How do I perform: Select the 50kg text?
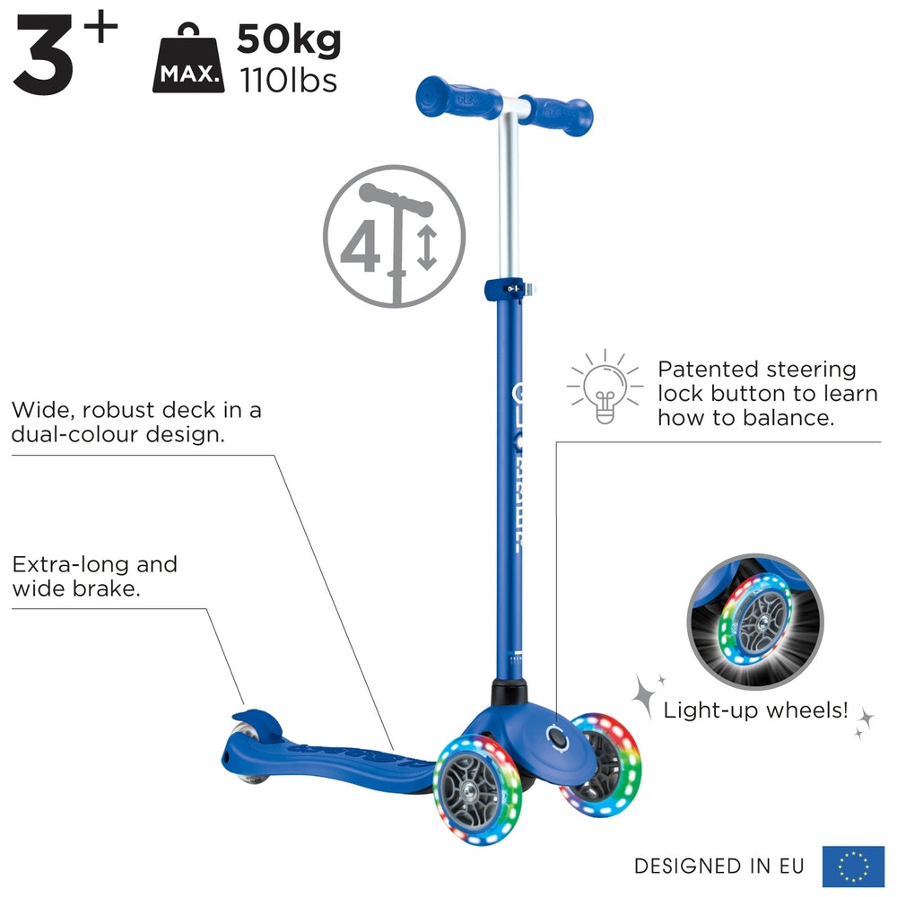[289, 40]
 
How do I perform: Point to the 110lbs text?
[287, 81]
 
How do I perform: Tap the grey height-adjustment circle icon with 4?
[394, 236]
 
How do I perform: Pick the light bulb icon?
[603, 388]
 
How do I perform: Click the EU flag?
[853, 866]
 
